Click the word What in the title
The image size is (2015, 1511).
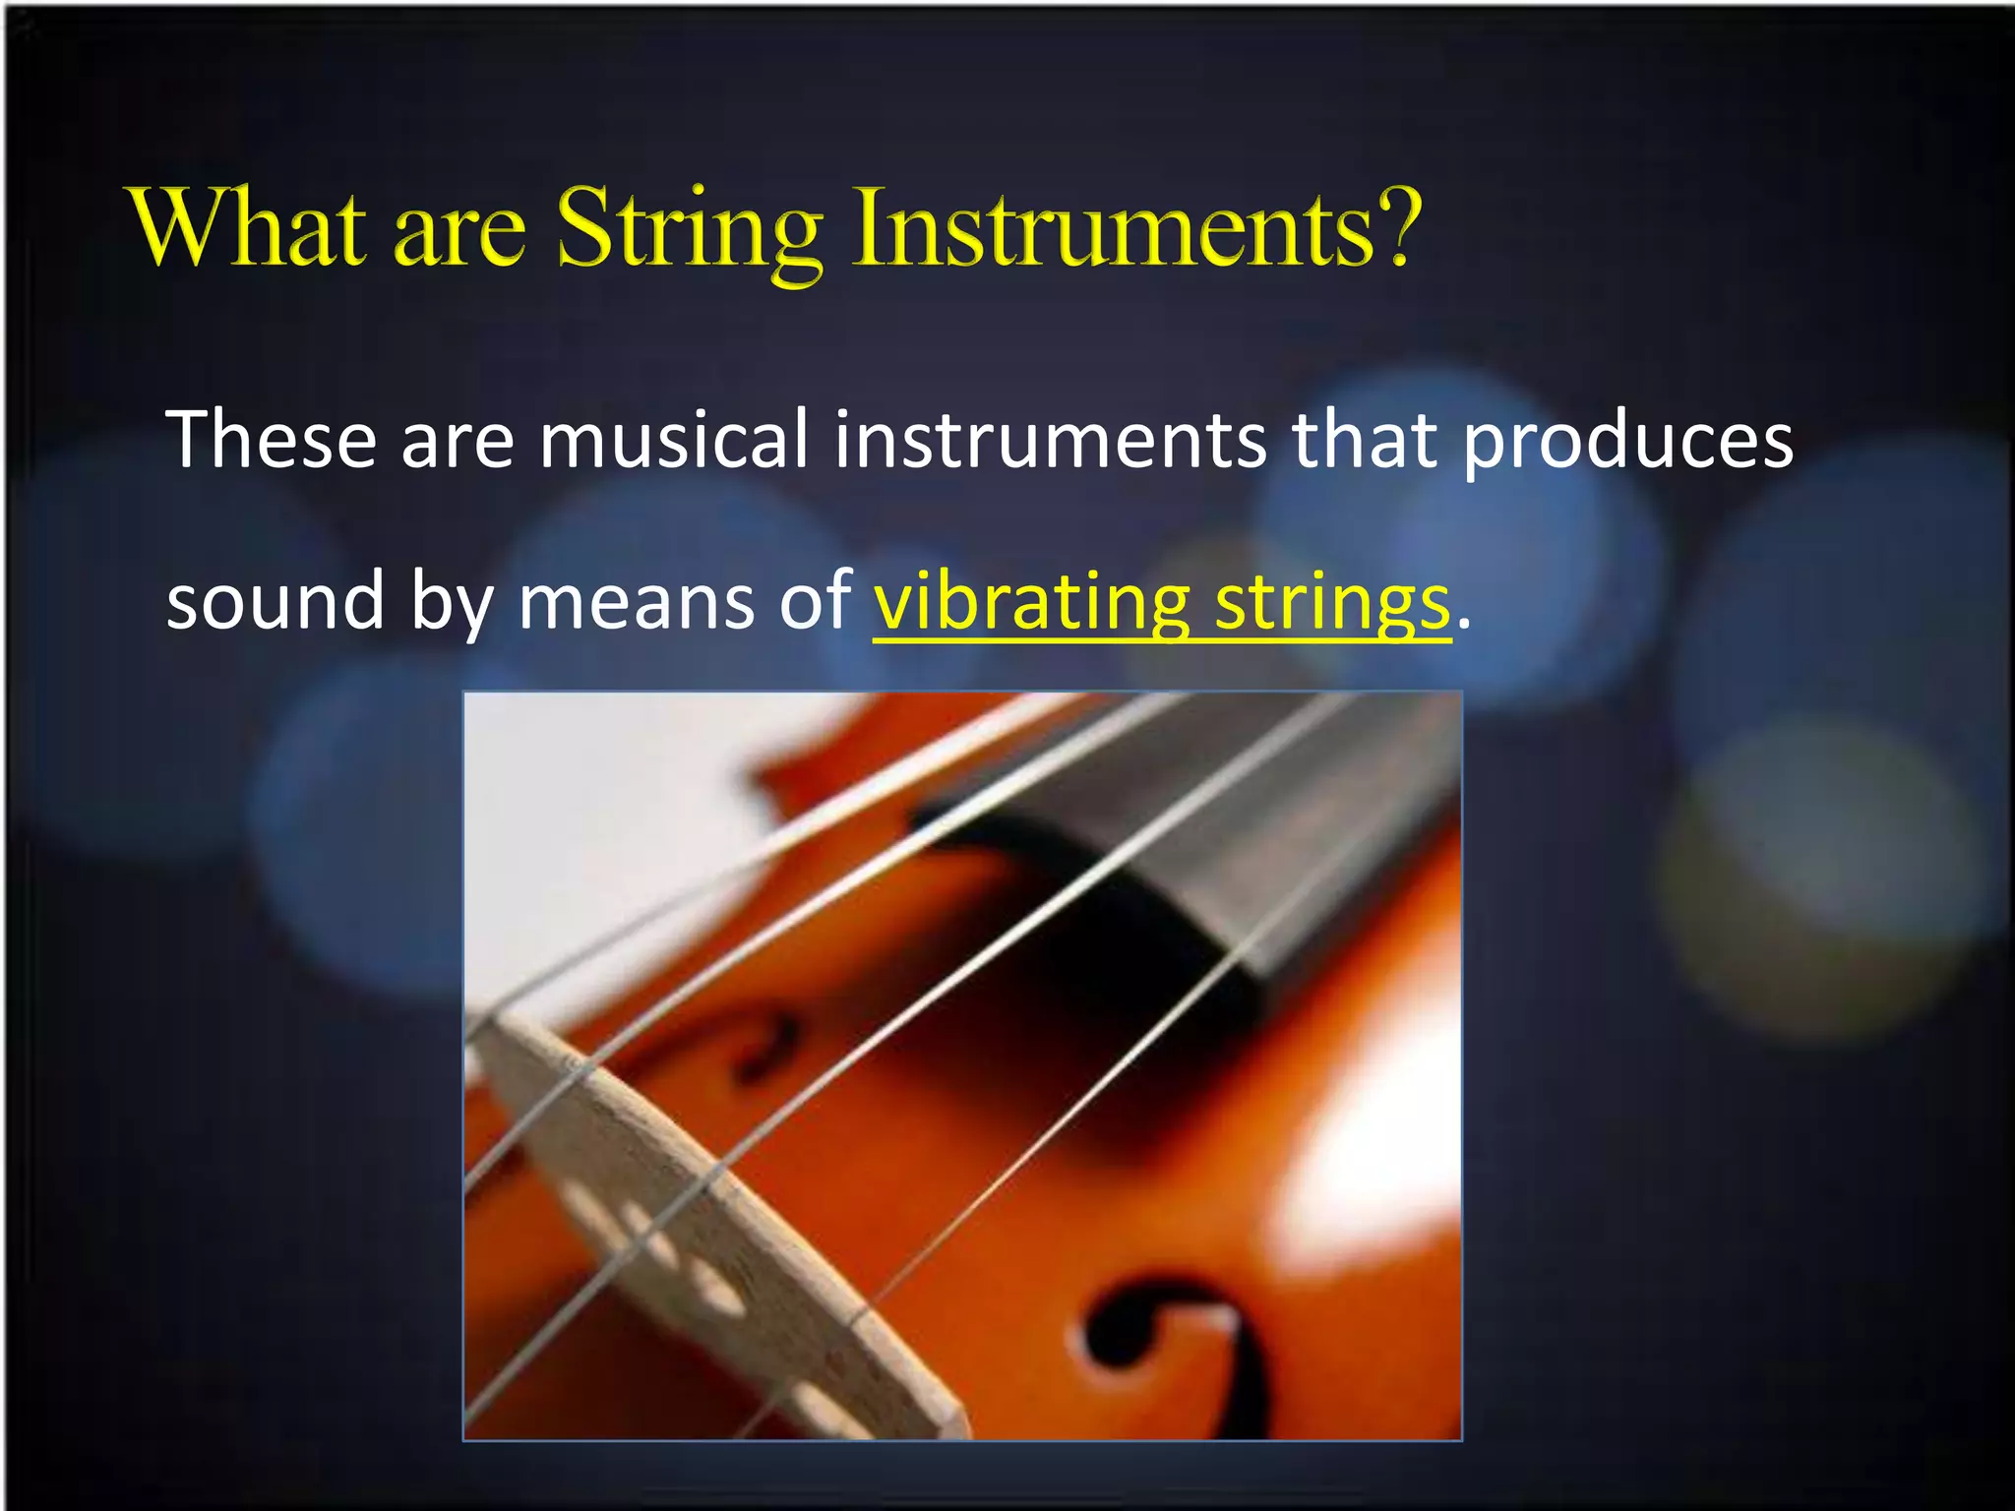(x=251, y=228)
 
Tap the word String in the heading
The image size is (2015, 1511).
(x=688, y=231)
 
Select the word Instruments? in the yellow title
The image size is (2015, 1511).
(x=1137, y=228)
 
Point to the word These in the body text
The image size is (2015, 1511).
(x=272, y=440)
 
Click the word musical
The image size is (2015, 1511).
(x=673, y=440)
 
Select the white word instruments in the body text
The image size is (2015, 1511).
(x=1050, y=440)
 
